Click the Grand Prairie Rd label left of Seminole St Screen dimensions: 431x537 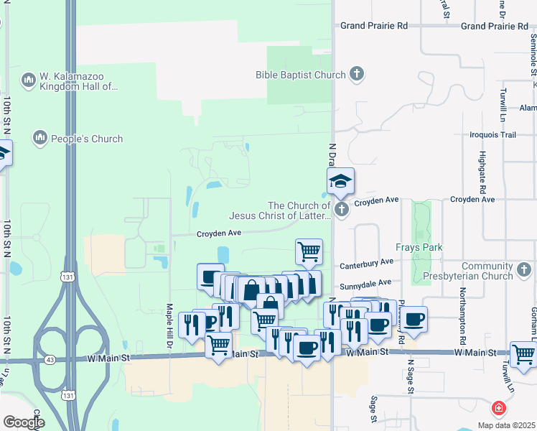[x=495, y=26]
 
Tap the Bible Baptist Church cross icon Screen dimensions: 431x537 [x=357, y=74]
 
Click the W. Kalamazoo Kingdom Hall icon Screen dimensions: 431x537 [x=29, y=80]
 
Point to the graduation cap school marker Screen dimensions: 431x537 [x=340, y=182]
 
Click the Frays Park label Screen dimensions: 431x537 [x=421, y=248]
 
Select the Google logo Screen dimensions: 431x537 [x=24, y=422]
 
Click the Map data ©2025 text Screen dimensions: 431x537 [x=506, y=425]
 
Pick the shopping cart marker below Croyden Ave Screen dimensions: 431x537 [x=309, y=252]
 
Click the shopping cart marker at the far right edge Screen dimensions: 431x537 [x=523, y=354]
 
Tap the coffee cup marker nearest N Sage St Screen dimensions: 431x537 [x=414, y=318]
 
